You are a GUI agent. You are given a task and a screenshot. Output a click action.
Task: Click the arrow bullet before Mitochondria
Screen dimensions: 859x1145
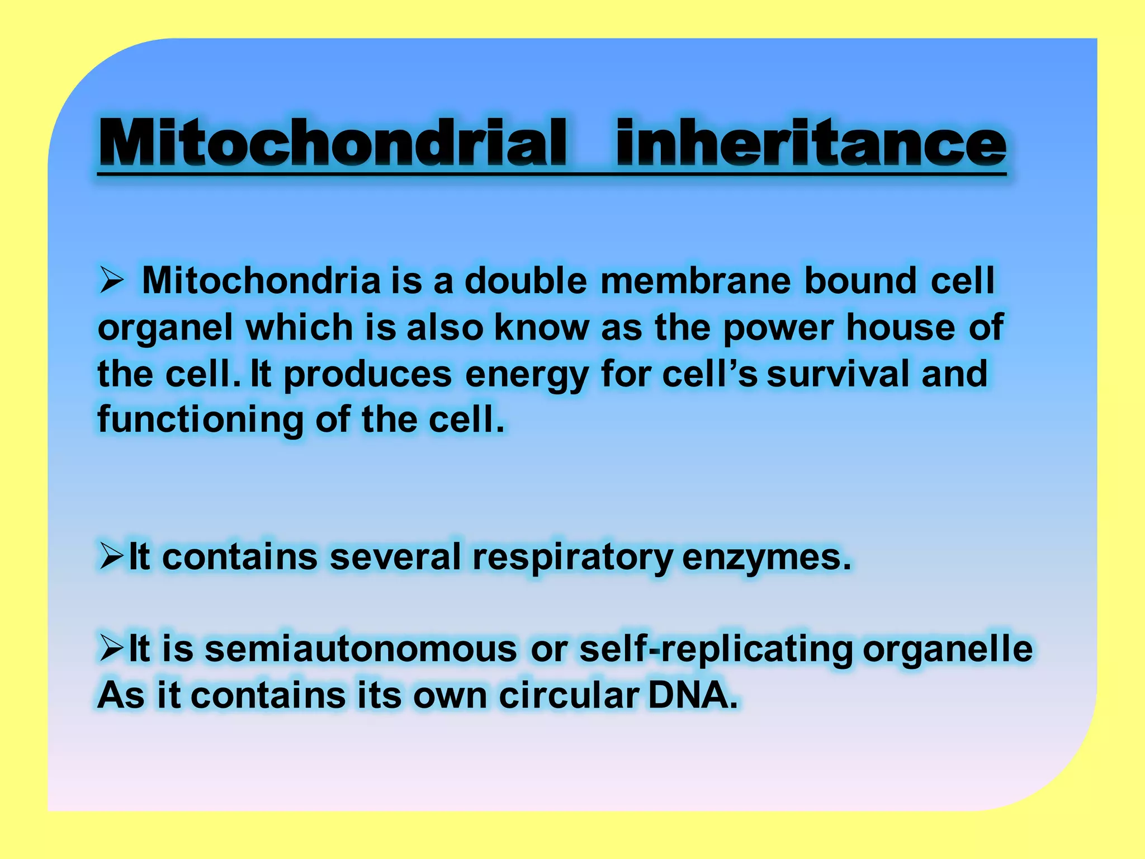pos(111,280)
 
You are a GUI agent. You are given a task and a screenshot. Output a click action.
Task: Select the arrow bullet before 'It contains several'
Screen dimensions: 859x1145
pos(111,556)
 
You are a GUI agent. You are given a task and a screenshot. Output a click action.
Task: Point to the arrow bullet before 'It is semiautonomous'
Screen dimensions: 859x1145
pos(111,649)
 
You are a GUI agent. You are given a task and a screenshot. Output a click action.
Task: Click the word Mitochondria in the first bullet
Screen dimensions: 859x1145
pos(262,280)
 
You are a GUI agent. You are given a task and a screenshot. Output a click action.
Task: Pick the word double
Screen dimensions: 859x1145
pos(526,280)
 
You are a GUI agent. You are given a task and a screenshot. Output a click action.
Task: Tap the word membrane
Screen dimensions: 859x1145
pos(695,280)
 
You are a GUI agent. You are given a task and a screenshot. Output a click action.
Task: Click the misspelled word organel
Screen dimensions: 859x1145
pos(165,328)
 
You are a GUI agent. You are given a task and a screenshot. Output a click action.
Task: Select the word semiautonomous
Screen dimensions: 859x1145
pos(361,650)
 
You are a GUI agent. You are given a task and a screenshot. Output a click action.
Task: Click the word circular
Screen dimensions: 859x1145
pos(569,696)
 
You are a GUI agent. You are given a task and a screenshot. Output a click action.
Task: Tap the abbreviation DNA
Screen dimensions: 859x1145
pos(693,696)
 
